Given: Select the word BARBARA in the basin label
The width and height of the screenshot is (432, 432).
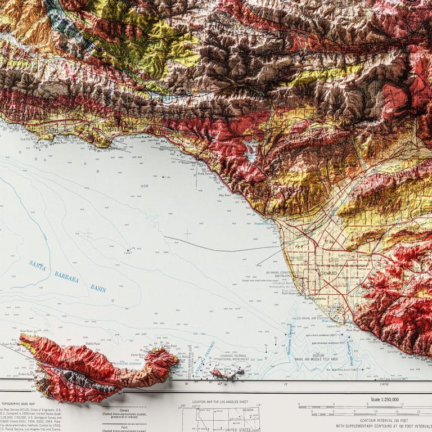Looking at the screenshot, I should tap(67, 276).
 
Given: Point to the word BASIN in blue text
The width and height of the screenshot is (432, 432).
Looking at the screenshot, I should tap(98, 288).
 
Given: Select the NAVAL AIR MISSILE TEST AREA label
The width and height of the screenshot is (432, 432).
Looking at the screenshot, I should tap(318, 358).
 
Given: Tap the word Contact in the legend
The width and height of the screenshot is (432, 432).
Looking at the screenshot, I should tap(124, 410).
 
